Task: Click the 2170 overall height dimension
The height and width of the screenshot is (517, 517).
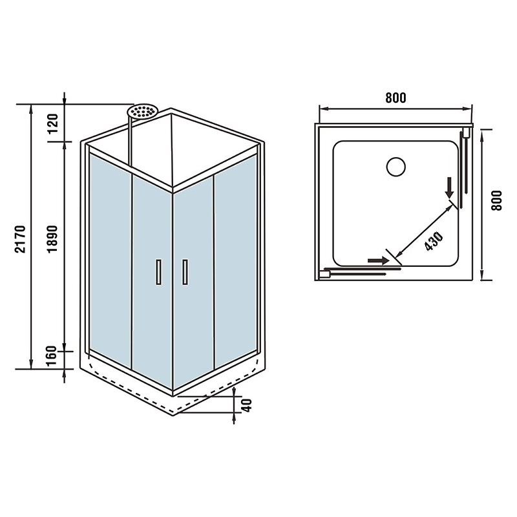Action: [21, 239]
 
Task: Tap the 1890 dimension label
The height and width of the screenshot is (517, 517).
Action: [52, 239]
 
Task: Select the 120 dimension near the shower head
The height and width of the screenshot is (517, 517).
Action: [52, 123]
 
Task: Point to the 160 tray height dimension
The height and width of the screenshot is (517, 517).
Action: [52, 356]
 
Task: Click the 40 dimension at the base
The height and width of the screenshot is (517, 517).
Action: [247, 405]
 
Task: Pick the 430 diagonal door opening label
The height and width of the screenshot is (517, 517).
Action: [433, 241]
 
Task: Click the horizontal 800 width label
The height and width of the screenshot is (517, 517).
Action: [396, 98]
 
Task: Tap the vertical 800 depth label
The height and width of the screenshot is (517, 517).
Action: [496, 200]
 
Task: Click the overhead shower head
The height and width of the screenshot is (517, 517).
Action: [143, 111]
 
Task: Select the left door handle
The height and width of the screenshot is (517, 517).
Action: [159, 271]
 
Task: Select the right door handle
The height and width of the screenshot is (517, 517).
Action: [185, 271]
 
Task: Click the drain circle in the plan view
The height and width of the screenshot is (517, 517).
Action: [396, 167]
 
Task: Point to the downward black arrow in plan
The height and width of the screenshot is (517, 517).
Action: [449, 187]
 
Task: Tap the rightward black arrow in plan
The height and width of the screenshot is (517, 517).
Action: [378, 260]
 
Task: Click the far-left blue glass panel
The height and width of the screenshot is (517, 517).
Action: [111, 260]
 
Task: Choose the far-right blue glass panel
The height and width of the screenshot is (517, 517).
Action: [236, 260]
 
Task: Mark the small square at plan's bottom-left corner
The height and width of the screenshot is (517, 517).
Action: [325, 274]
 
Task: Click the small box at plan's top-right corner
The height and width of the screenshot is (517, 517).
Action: [466, 132]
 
